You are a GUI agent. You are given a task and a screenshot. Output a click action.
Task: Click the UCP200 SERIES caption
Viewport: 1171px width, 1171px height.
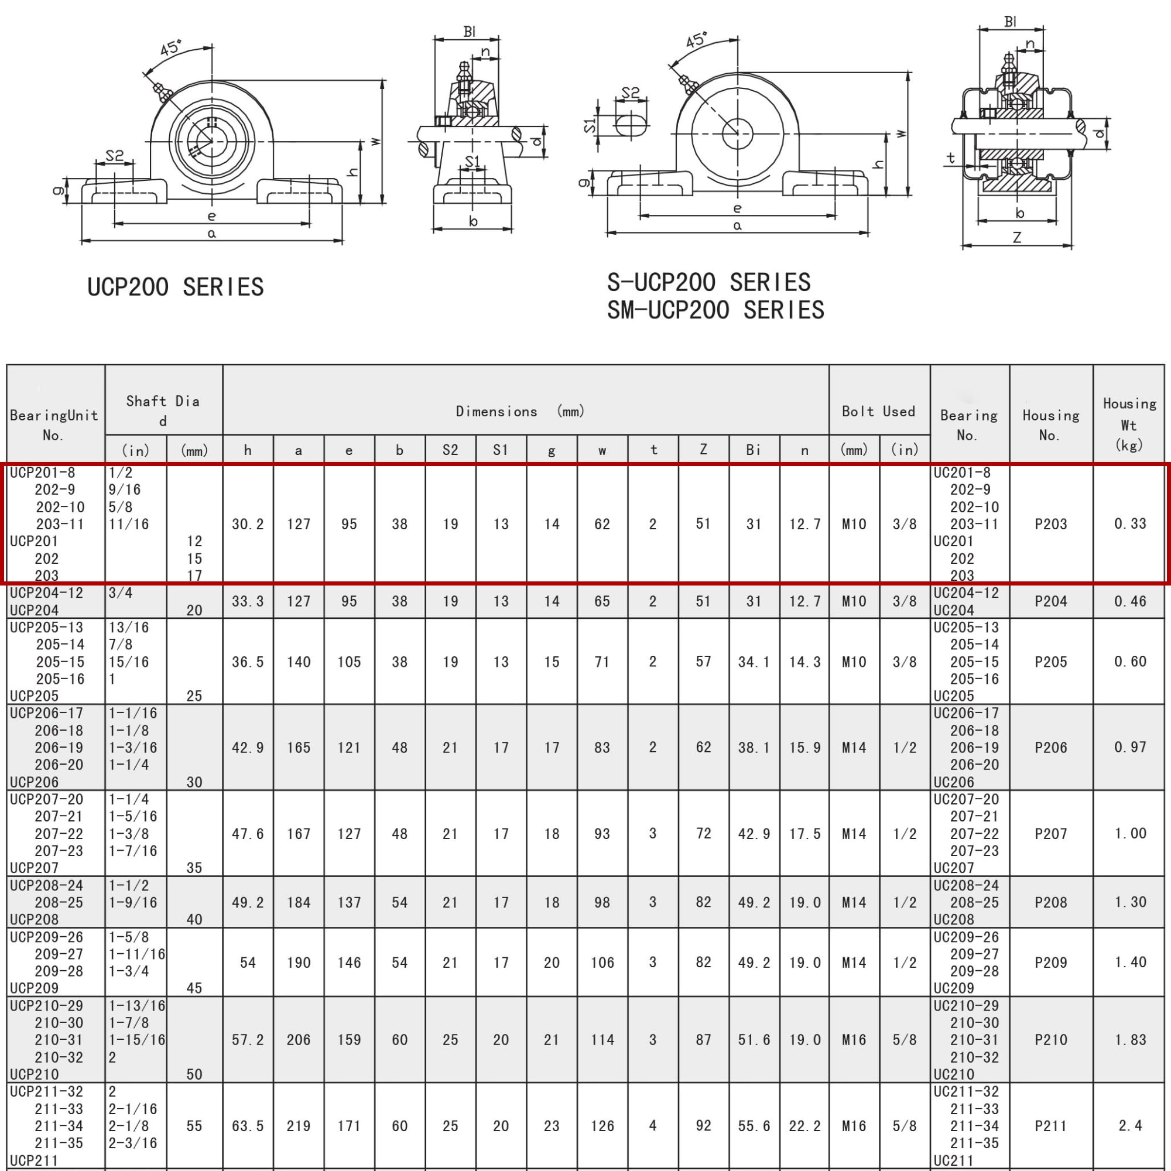pyautogui.click(x=175, y=287)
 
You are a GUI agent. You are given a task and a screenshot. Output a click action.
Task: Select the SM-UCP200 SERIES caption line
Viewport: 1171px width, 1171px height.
pyautogui.click(x=715, y=310)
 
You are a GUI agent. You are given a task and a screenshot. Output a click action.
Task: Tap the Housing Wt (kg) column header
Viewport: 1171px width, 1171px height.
pyautogui.click(x=1129, y=424)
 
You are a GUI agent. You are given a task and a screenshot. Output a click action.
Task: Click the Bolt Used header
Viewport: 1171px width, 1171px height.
pyautogui.click(x=878, y=411)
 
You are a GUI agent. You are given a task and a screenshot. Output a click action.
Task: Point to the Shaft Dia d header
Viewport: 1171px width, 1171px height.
pyautogui.click(x=163, y=410)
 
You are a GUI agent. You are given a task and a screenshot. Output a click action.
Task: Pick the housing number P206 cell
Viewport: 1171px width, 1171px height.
pyautogui.click(x=1050, y=747)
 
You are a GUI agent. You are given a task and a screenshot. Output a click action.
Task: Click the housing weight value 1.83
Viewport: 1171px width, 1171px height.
pyautogui.click(x=1130, y=1039)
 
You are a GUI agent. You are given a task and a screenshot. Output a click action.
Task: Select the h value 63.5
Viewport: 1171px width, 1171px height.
pyautogui.click(x=248, y=1125)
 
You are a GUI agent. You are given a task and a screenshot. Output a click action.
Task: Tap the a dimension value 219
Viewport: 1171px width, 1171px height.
pyautogui.click(x=298, y=1125)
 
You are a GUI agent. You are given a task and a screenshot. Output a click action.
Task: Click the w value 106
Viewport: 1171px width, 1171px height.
pyautogui.click(x=602, y=963)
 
